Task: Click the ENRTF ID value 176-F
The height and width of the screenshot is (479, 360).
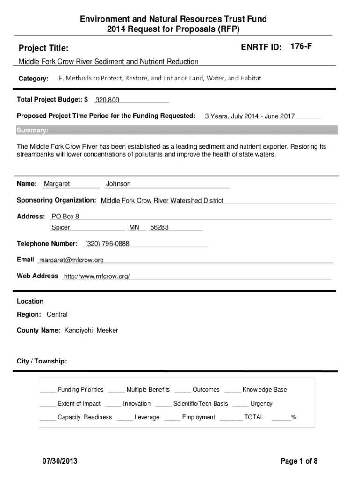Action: pyautogui.click(x=301, y=47)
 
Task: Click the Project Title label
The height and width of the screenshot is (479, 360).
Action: pyautogui.click(x=43, y=48)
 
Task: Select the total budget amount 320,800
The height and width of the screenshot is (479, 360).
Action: pyautogui.click(x=108, y=100)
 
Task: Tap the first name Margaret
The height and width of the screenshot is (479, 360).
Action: pyautogui.click(x=57, y=184)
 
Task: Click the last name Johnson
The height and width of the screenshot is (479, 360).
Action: pyautogui.click(x=118, y=184)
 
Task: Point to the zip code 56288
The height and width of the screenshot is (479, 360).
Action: pyautogui.click(x=159, y=227)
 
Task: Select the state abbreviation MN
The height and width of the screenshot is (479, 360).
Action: pyautogui.click(x=134, y=227)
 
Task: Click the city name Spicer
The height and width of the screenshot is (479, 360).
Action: pyautogui.click(x=61, y=227)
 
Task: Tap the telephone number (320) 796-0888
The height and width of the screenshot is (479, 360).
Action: pyautogui.click(x=107, y=244)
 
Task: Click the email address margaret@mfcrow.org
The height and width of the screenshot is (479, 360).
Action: pyautogui.click(x=72, y=260)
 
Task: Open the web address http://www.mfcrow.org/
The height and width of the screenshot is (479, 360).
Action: pyautogui.click(x=96, y=276)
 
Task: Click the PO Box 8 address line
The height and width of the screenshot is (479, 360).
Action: pyautogui.click(x=65, y=216)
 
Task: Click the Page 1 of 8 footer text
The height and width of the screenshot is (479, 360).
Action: pyautogui.click(x=299, y=462)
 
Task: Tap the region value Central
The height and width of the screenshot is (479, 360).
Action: pyautogui.click(x=57, y=314)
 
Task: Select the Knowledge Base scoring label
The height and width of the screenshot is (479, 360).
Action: pyautogui.click(x=265, y=390)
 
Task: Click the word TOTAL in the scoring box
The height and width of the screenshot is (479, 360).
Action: pyautogui.click(x=254, y=417)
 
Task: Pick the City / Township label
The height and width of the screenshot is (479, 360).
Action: pyautogui.click(x=42, y=361)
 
